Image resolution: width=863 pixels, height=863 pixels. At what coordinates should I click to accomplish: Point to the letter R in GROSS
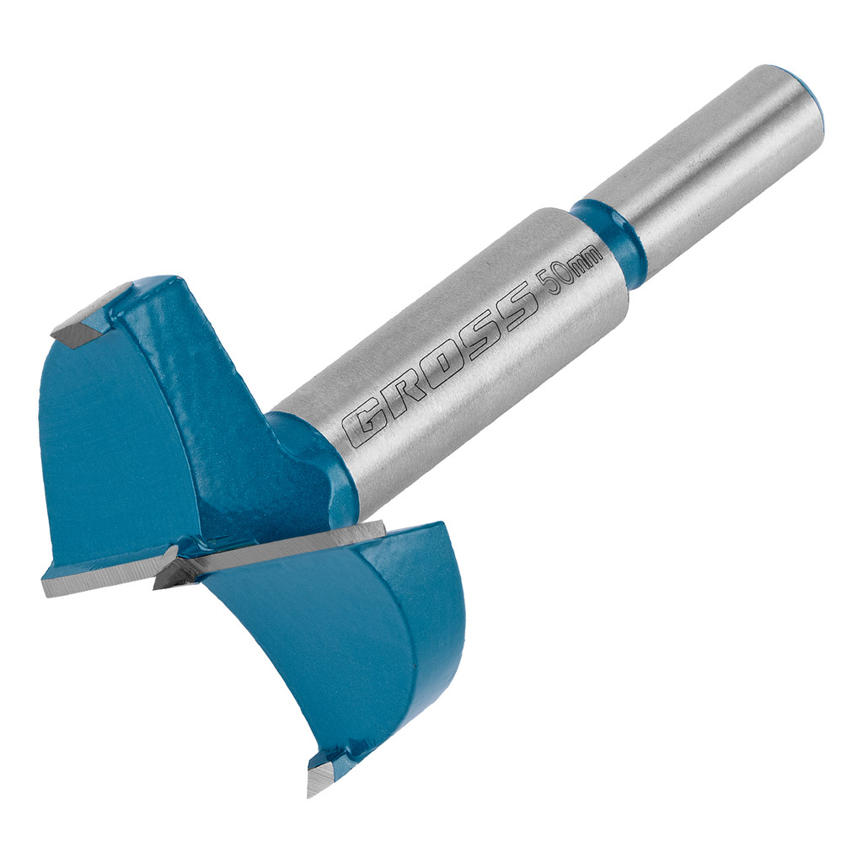click(400, 395)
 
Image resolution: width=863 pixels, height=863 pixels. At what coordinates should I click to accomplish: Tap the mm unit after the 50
click(587, 262)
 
